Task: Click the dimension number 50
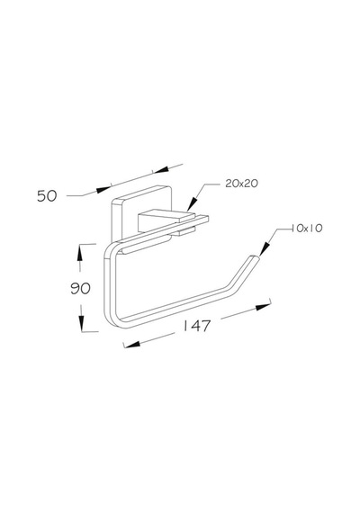coord(47,196)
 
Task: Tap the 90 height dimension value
coord(80,289)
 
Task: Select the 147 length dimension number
coord(196,326)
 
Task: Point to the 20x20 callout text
coord(241,184)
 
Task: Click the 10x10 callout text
coord(307,228)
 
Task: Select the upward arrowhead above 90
coord(79,254)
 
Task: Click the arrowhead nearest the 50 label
coord(103,190)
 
